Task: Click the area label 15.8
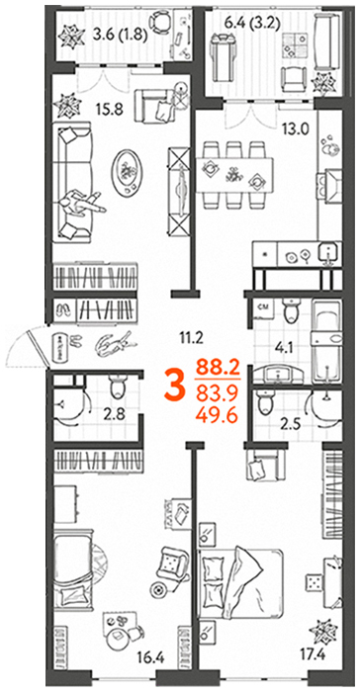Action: pyautogui.click(x=112, y=109)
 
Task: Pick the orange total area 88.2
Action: pyautogui.click(x=218, y=367)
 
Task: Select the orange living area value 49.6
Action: pyautogui.click(x=218, y=414)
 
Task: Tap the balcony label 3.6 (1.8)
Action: pyautogui.click(x=121, y=34)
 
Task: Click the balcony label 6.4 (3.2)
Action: pyautogui.click(x=254, y=23)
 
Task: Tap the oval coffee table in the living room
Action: pyautogui.click(x=129, y=171)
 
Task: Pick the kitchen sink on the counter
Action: pyautogui.click(x=328, y=253)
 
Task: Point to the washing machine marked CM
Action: pyautogui.click(x=263, y=311)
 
